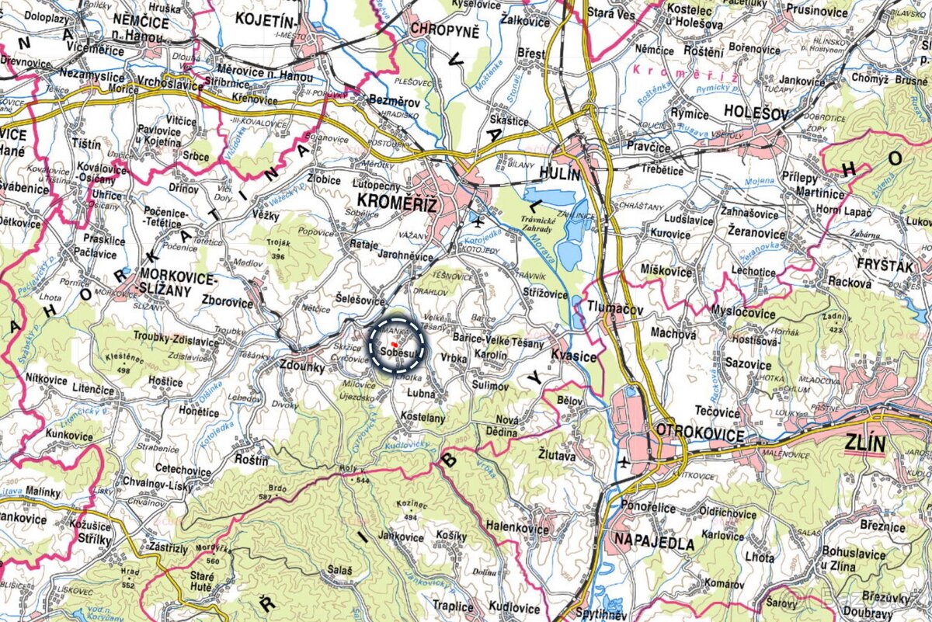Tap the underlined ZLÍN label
[864, 445]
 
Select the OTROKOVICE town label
[700, 431]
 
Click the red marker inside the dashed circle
[395, 342]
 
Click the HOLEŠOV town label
[756, 113]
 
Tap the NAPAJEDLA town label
[653, 541]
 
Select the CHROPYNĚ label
[446, 30]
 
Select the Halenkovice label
[537, 526]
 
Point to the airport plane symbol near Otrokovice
[623, 464]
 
